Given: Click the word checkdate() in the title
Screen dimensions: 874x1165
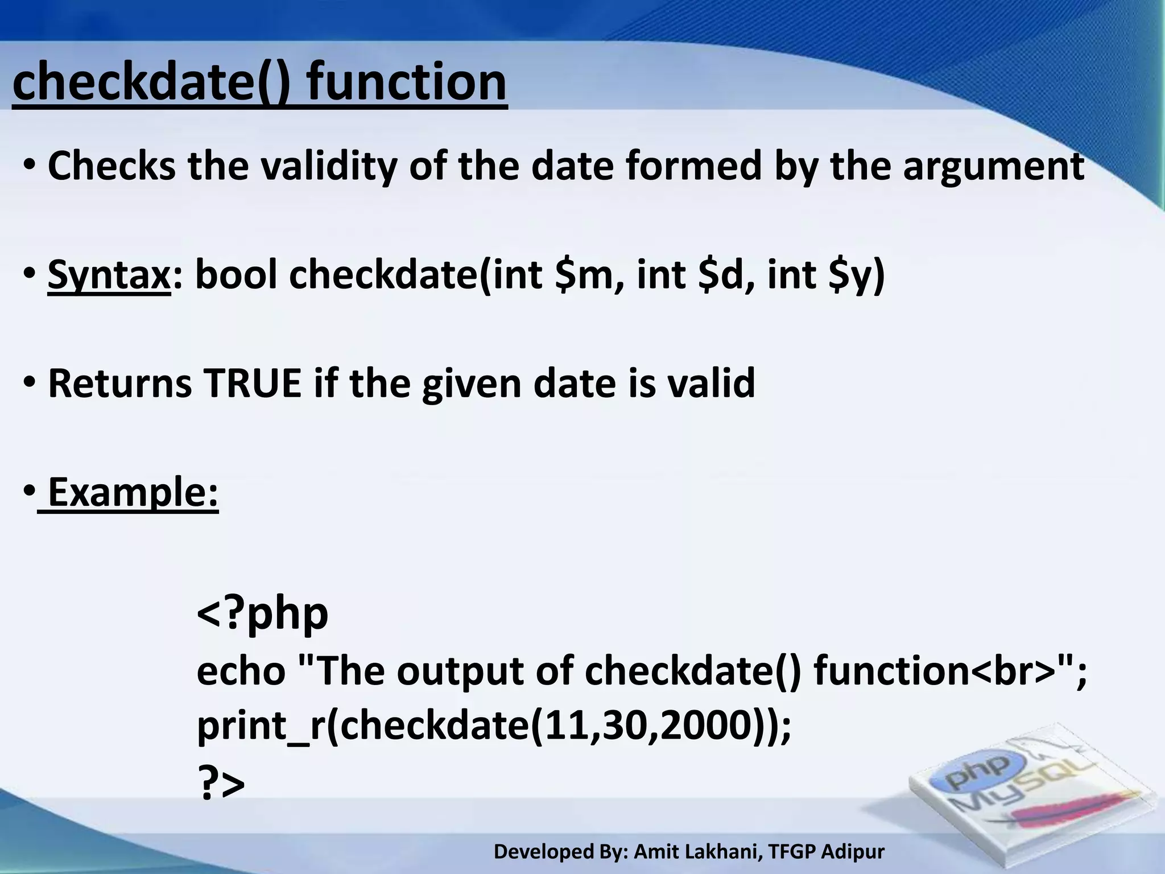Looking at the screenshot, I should pos(151,83).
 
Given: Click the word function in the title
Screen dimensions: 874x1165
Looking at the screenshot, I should pos(406,83).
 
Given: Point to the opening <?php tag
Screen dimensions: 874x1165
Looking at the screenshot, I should pos(262,615).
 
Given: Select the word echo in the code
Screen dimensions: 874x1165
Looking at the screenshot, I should pos(241,671).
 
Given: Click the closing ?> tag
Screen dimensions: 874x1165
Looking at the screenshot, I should pos(221,784).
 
